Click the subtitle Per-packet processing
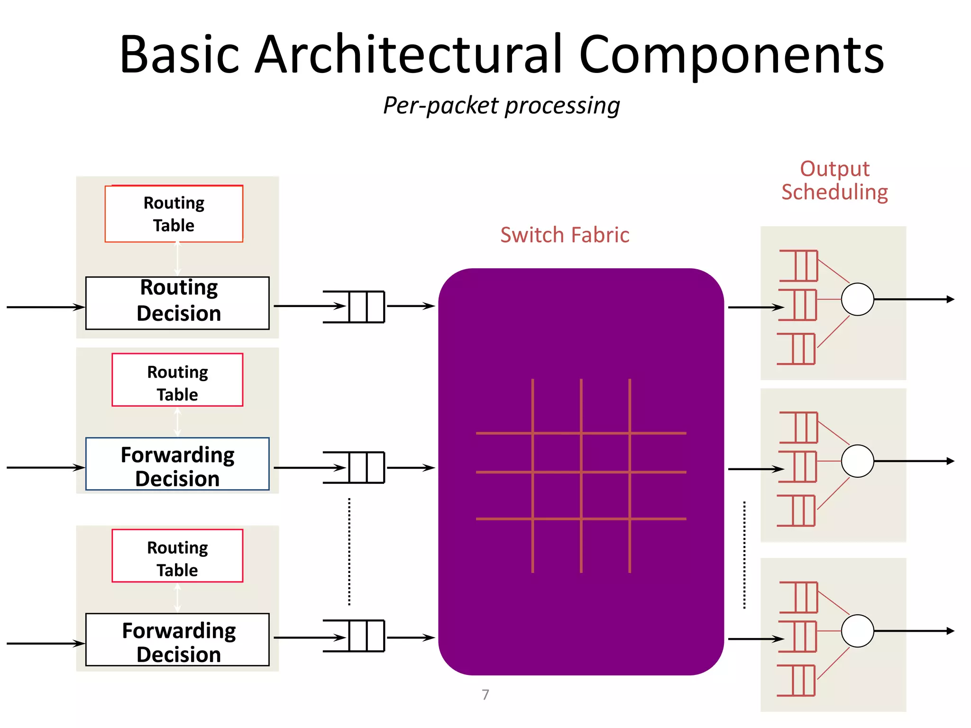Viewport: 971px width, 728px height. [x=501, y=105]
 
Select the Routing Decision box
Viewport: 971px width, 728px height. [x=177, y=303]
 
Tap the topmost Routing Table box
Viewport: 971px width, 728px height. [x=174, y=214]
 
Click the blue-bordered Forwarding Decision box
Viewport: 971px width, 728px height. [x=177, y=464]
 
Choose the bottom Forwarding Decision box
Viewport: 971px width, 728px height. [x=177, y=640]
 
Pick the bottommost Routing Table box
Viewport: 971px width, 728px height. [x=177, y=556]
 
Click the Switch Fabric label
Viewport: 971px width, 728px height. [x=565, y=235]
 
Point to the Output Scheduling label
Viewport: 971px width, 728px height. [x=834, y=181]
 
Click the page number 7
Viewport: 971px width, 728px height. [x=485, y=695]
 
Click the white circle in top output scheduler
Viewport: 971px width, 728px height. [x=857, y=300]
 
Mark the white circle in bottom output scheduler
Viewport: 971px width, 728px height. [x=857, y=631]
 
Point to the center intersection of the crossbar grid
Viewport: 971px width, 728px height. [x=581, y=472]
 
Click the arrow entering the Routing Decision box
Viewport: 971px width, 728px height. [x=45, y=307]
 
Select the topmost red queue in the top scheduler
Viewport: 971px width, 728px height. [x=799, y=265]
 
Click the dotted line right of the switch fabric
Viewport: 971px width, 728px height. [x=744, y=555]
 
